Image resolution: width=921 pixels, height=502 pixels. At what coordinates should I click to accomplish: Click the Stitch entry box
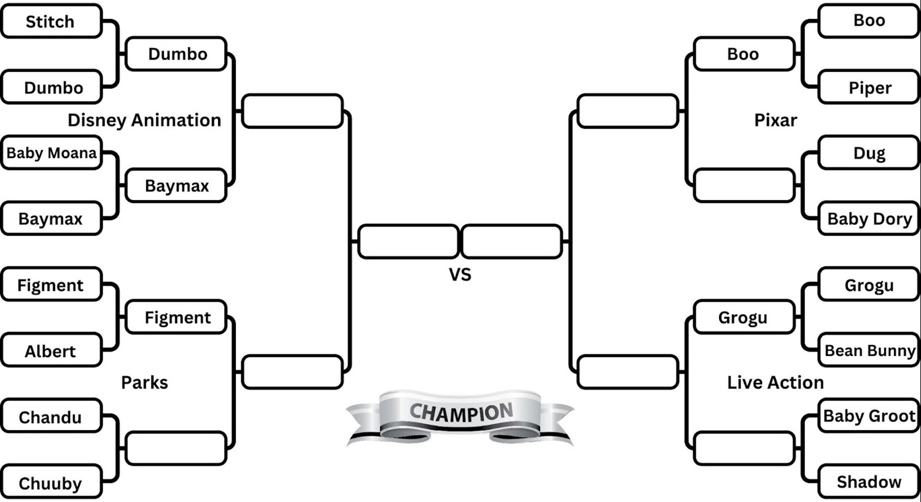[50, 21]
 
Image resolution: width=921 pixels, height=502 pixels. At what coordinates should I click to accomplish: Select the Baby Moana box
[52, 153]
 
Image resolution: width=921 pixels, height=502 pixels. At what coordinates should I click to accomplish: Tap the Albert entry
[50, 351]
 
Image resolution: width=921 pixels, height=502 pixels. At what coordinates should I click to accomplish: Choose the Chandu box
[50, 417]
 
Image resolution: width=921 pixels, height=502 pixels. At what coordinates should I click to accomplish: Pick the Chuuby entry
[50, 483]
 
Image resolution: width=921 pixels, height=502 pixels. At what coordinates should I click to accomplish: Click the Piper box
[869, 88]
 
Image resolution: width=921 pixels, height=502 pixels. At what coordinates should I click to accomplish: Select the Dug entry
[869, 153]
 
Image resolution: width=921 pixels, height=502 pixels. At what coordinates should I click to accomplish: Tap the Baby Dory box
[869, 218]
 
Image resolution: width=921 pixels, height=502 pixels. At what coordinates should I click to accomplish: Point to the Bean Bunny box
[869, 350]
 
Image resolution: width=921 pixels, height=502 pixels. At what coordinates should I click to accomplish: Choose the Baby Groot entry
[869, 416]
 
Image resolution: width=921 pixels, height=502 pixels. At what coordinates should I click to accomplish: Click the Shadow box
[869, 482]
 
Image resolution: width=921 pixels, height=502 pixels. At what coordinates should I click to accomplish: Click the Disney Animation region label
[144, 120]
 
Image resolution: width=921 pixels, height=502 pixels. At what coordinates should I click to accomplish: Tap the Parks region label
[144, 382]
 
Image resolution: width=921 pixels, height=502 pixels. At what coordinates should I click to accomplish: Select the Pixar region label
[775, 120]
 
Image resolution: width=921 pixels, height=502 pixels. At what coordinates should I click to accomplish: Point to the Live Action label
[775, 382]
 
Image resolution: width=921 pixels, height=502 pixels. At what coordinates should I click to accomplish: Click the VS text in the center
[460, 274]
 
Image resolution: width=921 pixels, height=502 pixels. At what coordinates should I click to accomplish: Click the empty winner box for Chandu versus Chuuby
[176, 449]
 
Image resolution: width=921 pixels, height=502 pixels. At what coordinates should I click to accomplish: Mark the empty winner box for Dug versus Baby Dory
[744, 185]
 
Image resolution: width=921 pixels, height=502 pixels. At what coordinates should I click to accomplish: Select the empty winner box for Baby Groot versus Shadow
[744, 449]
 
